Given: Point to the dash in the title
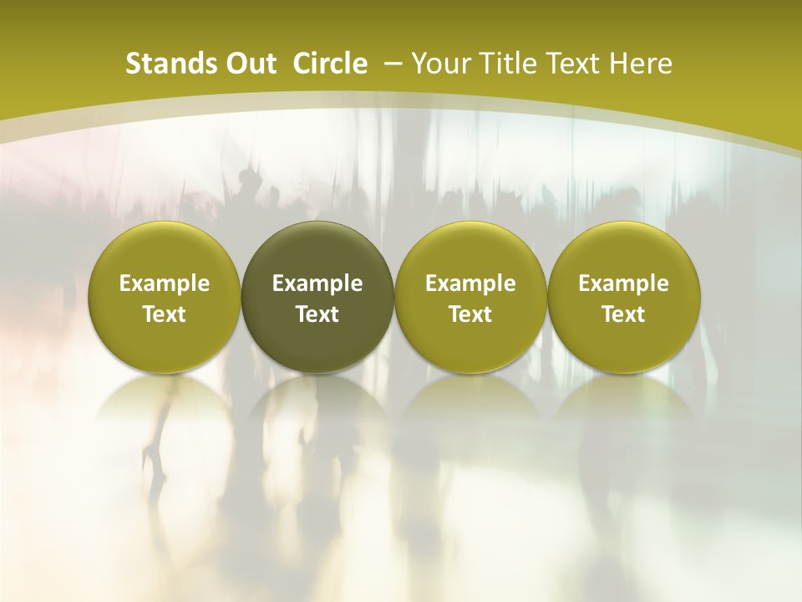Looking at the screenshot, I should (393, 64).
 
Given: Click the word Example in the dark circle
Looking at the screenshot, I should (317, 283).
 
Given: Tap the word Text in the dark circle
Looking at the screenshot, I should (317, 314).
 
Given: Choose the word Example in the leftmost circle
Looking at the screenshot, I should (165, 283).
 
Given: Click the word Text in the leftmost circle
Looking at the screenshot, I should (165, 314).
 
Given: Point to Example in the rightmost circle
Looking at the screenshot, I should (623, 283).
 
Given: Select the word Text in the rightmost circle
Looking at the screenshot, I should (623, 314).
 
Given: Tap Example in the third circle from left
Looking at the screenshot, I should (470, 283).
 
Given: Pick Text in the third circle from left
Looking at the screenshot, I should (470, 314).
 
